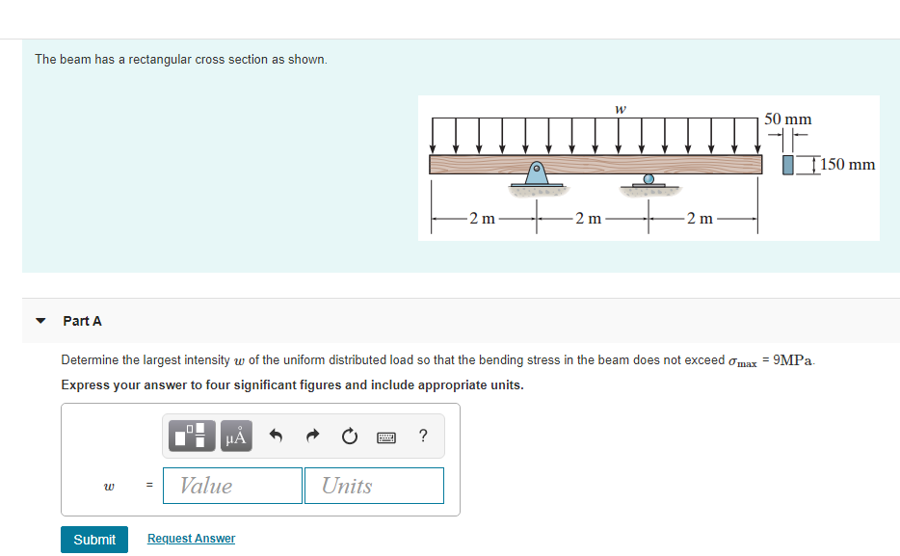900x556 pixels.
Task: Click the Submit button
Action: click(94, 539)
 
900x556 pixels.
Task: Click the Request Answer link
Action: click(191, 539)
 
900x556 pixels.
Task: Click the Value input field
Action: click(232, 486)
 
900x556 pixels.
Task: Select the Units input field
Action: click(374, 486)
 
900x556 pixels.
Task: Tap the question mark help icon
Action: click(424, 437)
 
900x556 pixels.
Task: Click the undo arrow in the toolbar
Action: click(275, 437)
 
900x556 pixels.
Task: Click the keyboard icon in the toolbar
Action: click(387, 437)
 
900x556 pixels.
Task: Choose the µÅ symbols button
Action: click(236, 437)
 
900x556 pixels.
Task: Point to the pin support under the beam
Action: click(536, 173)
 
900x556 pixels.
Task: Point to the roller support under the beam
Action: click(649, 180)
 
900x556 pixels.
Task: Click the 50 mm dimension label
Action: click(787, 119)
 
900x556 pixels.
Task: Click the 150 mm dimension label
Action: click(848, 165)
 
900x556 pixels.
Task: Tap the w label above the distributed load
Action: click(621, 108)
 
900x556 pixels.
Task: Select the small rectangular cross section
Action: click(788, 165)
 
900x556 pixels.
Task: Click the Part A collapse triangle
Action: click(40, 321)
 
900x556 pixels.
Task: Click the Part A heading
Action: click(82, 321)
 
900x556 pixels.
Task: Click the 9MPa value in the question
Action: click(794, 360)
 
